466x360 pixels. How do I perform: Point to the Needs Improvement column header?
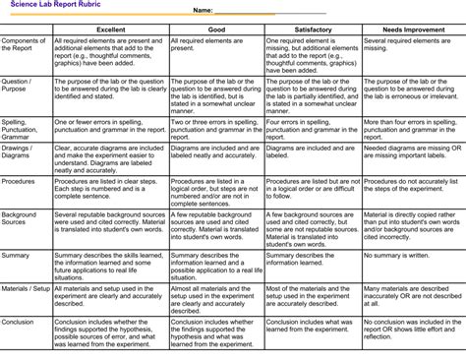click(x=412, y=30)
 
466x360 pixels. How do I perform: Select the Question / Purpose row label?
click(x=17, y=87)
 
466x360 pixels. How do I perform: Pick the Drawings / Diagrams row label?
click(x=18, y=154)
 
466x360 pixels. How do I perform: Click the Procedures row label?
click(x=19, y=182)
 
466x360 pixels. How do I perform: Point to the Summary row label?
click(x=16, y=255)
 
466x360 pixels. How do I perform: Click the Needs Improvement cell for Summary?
click(x=412, y=255)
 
